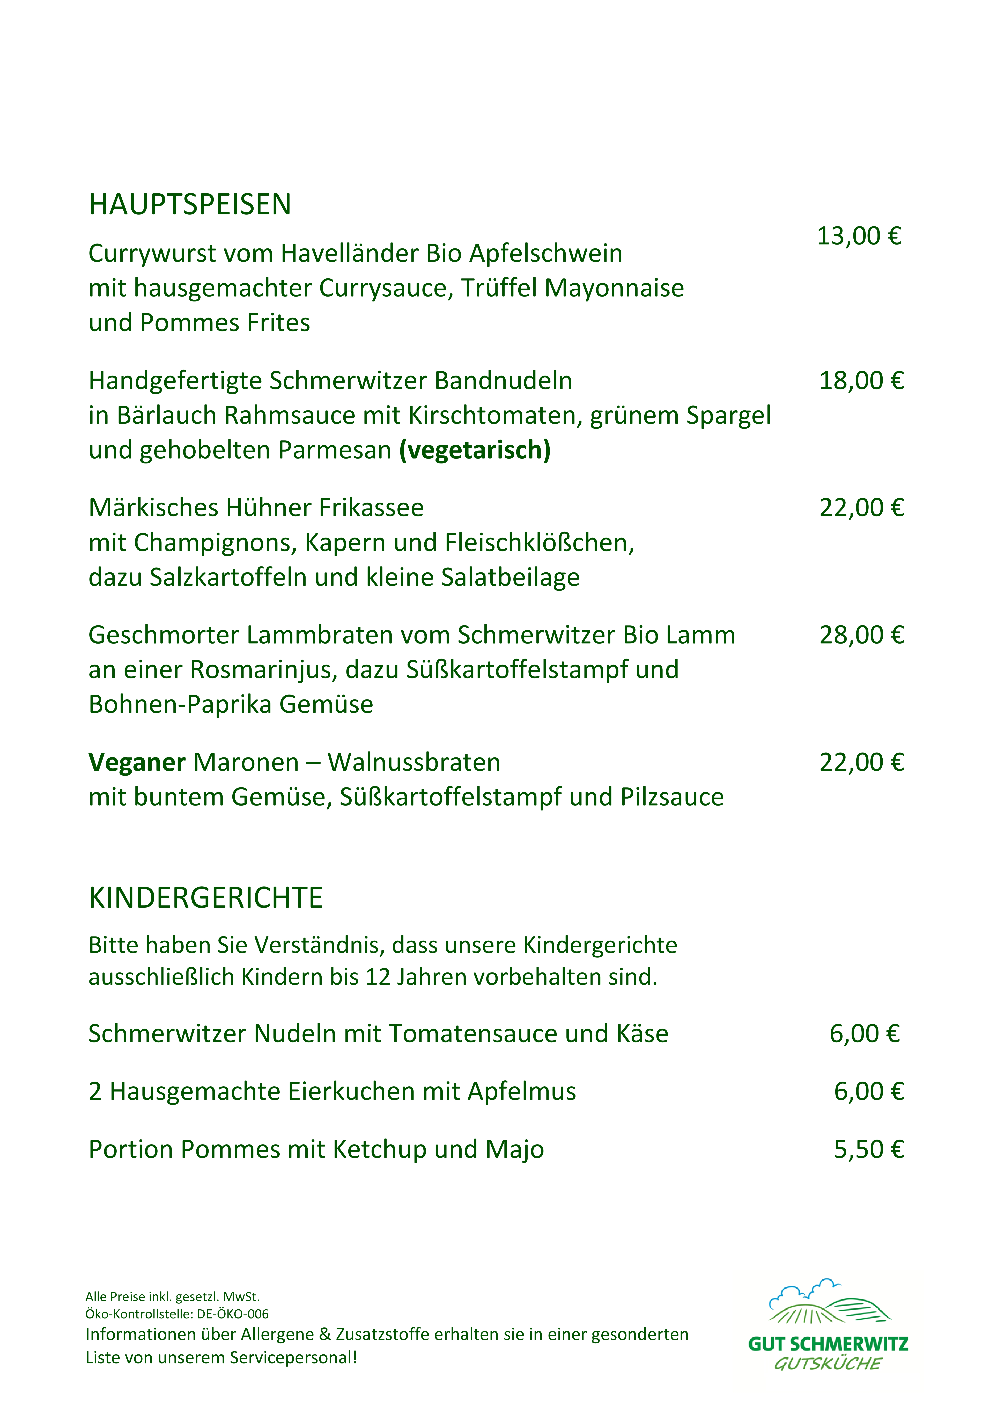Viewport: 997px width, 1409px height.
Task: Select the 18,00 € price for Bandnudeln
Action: pyautogui.click(x=861, y=381)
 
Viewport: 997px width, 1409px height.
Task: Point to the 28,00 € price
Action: pyautogui.click(x=861, y=635)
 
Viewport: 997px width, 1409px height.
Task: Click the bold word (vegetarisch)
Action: pyautogui.click(x=475, y=450)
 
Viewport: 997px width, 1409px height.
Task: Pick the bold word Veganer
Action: pyautogui.click(x=136, y=763)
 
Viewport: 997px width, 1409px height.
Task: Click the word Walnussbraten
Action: pyautogui.click(x=414, y=763)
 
